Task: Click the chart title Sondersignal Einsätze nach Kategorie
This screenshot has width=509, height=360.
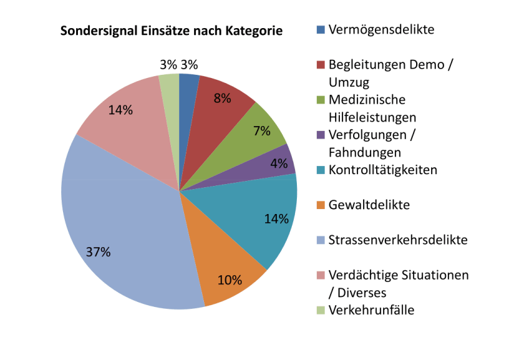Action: point(171,31)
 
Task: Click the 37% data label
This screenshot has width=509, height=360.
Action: point(98,252)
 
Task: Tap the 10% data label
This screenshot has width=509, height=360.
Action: point(230,280)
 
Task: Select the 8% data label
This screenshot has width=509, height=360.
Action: point(222,98)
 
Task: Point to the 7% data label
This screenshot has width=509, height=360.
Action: point(261,130)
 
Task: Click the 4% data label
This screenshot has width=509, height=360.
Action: point(279,164)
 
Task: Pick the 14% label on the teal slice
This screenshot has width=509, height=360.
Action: point(276,218)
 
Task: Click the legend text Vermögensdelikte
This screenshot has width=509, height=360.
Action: point(381,29)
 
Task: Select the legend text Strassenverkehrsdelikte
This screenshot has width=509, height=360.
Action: point(397,240)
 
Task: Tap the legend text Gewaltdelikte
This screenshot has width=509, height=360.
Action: point(369,205)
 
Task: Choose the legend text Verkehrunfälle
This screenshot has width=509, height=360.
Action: point(371,310)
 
